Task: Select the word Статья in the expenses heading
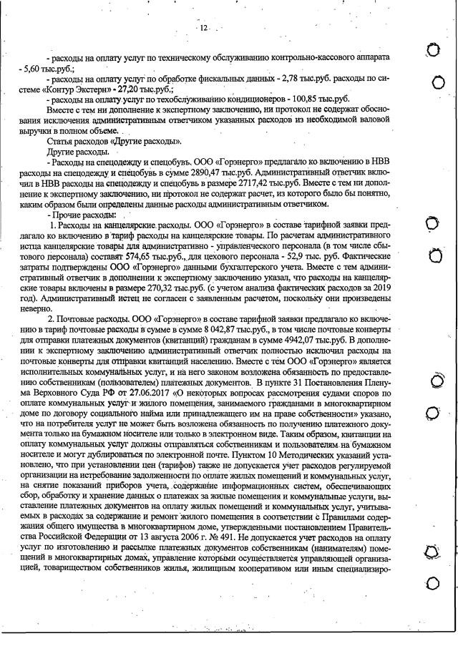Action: (x=61, y=142)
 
